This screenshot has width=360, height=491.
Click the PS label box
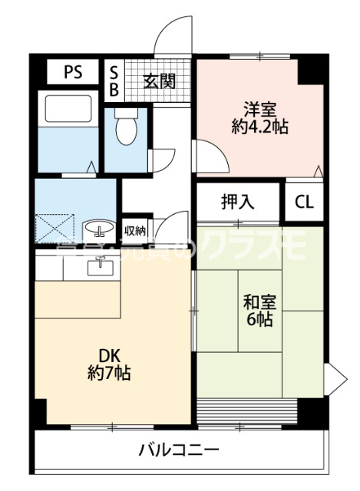click(72, 73)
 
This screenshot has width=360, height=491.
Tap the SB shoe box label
click(114, 81)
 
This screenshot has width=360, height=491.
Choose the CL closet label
click(304, 203)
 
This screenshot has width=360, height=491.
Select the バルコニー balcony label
click(179, 450)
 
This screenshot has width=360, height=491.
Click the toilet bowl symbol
click(127, 128)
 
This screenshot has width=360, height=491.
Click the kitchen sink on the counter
click(99, 267)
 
